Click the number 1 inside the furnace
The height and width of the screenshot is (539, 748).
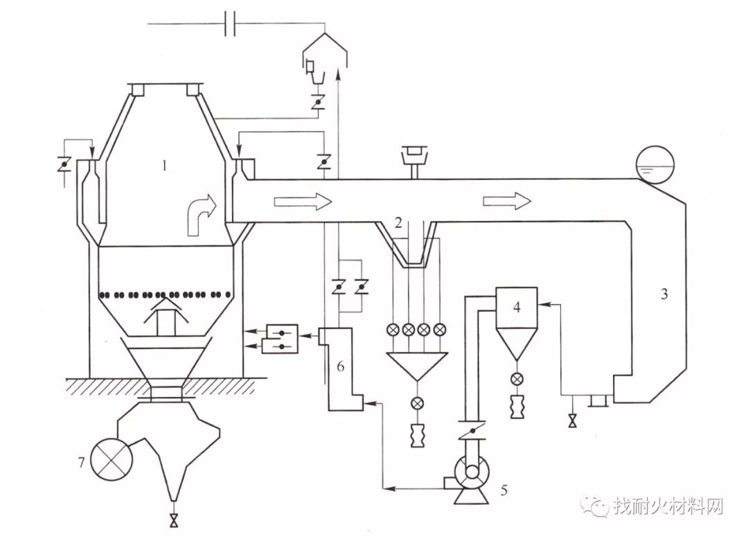[165, 166]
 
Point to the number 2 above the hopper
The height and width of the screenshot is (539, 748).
[399, 222]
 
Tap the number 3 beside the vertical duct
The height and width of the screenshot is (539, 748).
[664, 294]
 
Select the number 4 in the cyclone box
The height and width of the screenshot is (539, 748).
[517, 308]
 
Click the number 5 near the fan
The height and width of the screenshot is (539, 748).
[504, 490]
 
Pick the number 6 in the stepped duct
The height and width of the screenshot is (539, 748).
[340, 366]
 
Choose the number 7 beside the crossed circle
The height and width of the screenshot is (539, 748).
[82, 461]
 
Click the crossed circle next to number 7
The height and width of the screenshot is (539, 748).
[112, 459]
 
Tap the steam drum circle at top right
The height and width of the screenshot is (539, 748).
[655, 165]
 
